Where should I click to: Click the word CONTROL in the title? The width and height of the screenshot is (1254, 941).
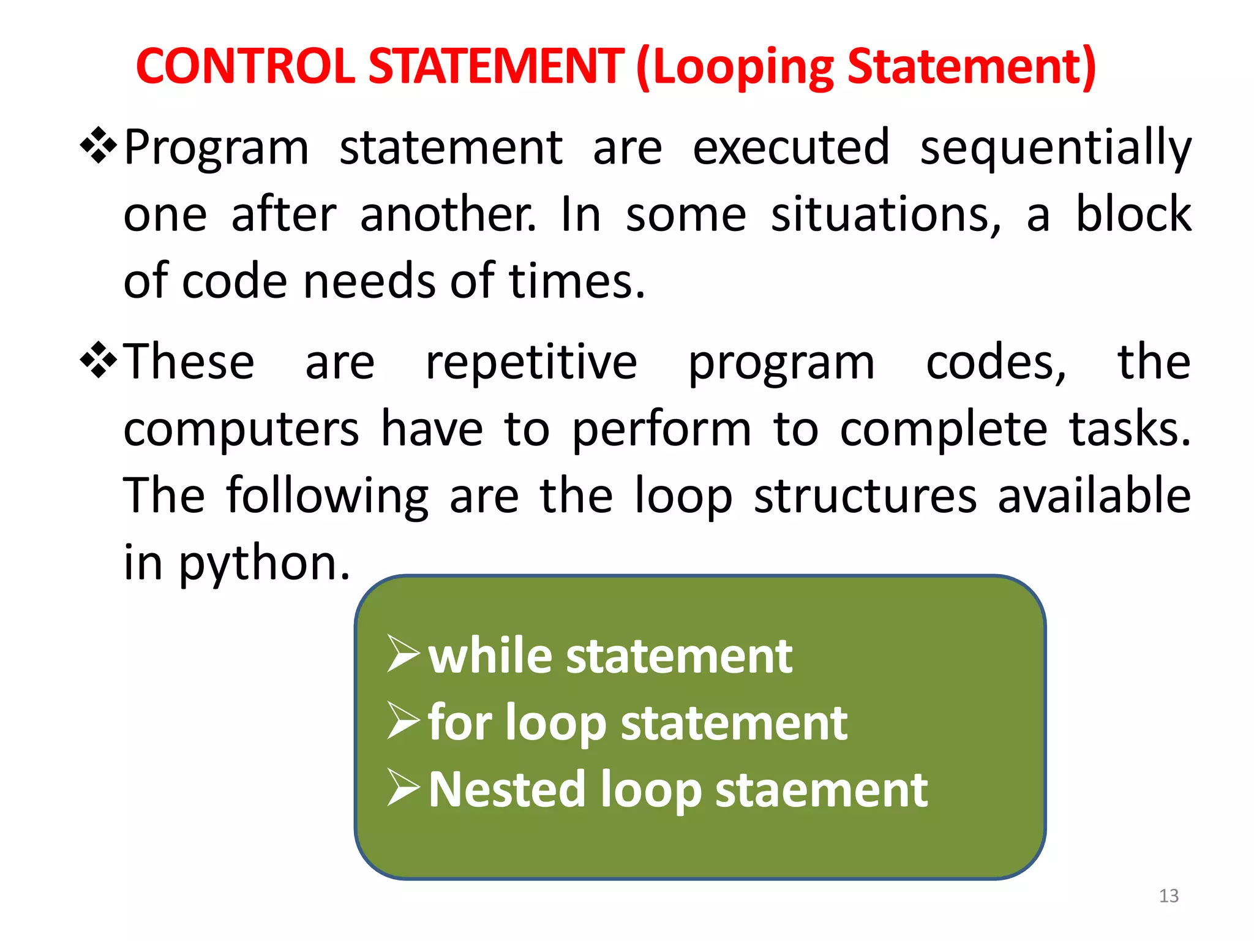click(245, 66)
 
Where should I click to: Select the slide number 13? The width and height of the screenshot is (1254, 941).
click(1168, 896)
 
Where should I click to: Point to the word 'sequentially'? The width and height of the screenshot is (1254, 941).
click(1056, 148)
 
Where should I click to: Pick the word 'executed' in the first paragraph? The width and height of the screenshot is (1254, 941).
click(790, 147)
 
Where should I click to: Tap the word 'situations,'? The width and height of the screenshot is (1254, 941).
click(886, 215)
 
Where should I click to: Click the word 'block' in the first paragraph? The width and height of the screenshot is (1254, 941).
click(1133, 214)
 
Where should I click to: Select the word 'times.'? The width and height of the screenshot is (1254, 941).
click(577, 281)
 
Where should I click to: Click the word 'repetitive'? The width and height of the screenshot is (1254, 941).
click(531, 363)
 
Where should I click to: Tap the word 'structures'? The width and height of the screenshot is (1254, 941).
click(865, 496)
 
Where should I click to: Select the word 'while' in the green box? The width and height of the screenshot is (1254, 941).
click(490, 656)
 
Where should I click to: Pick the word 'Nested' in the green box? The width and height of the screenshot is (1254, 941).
click(506, 790)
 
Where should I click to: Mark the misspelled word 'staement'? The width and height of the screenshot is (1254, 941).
click(821, 790)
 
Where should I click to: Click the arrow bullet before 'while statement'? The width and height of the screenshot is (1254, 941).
click(404, 654)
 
